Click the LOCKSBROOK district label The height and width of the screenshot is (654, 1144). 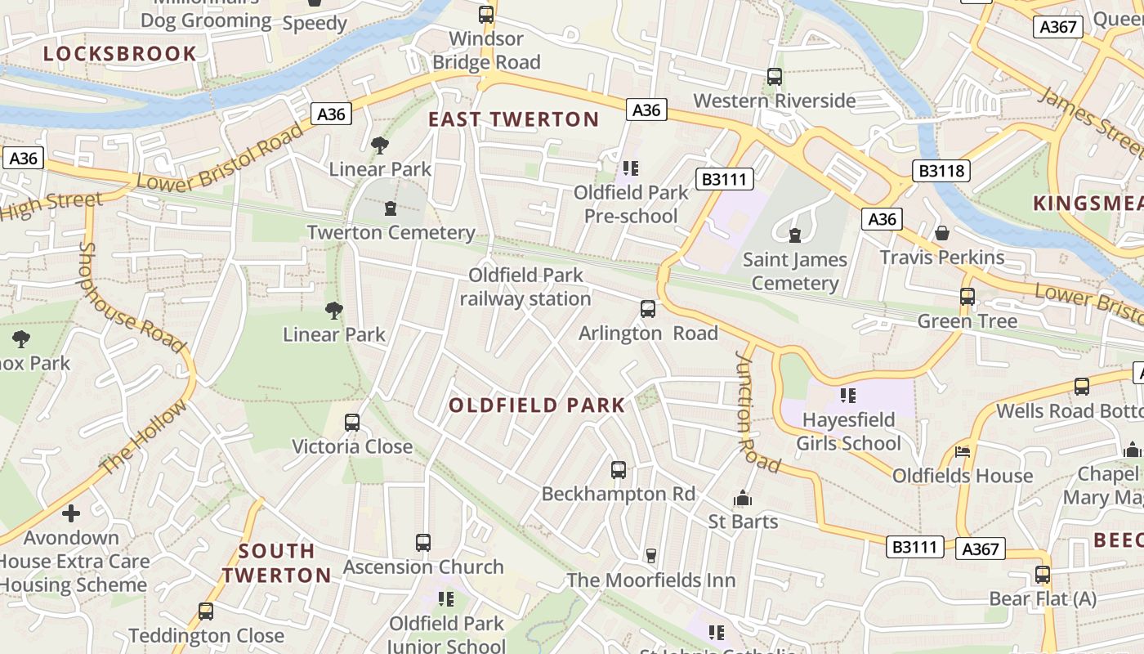(120, 54)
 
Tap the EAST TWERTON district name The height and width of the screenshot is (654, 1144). (514, 119)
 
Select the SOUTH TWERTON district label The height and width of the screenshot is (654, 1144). (277, 563)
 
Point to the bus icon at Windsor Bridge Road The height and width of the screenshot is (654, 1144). (486, 15)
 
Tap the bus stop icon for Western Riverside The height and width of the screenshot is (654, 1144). (775, 77)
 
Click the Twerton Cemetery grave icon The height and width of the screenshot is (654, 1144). (391, 208)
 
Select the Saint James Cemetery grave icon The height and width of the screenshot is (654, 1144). (794, 235)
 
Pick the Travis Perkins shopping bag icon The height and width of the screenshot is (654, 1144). (942, 233)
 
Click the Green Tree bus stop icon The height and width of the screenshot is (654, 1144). (967, 297)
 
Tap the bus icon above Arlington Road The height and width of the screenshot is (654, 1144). (648, 309)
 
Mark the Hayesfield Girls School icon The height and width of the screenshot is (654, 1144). (848, 396)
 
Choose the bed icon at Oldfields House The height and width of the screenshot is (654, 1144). (963, 452)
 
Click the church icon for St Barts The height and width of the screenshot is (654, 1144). (742, 497)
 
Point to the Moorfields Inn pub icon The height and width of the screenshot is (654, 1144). (651, 556)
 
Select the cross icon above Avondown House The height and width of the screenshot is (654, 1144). (71, 513)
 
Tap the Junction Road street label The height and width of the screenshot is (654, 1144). (757, 412)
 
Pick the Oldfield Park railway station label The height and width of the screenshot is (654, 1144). (525, 287)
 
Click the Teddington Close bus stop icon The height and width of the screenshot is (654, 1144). (206, 611)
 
